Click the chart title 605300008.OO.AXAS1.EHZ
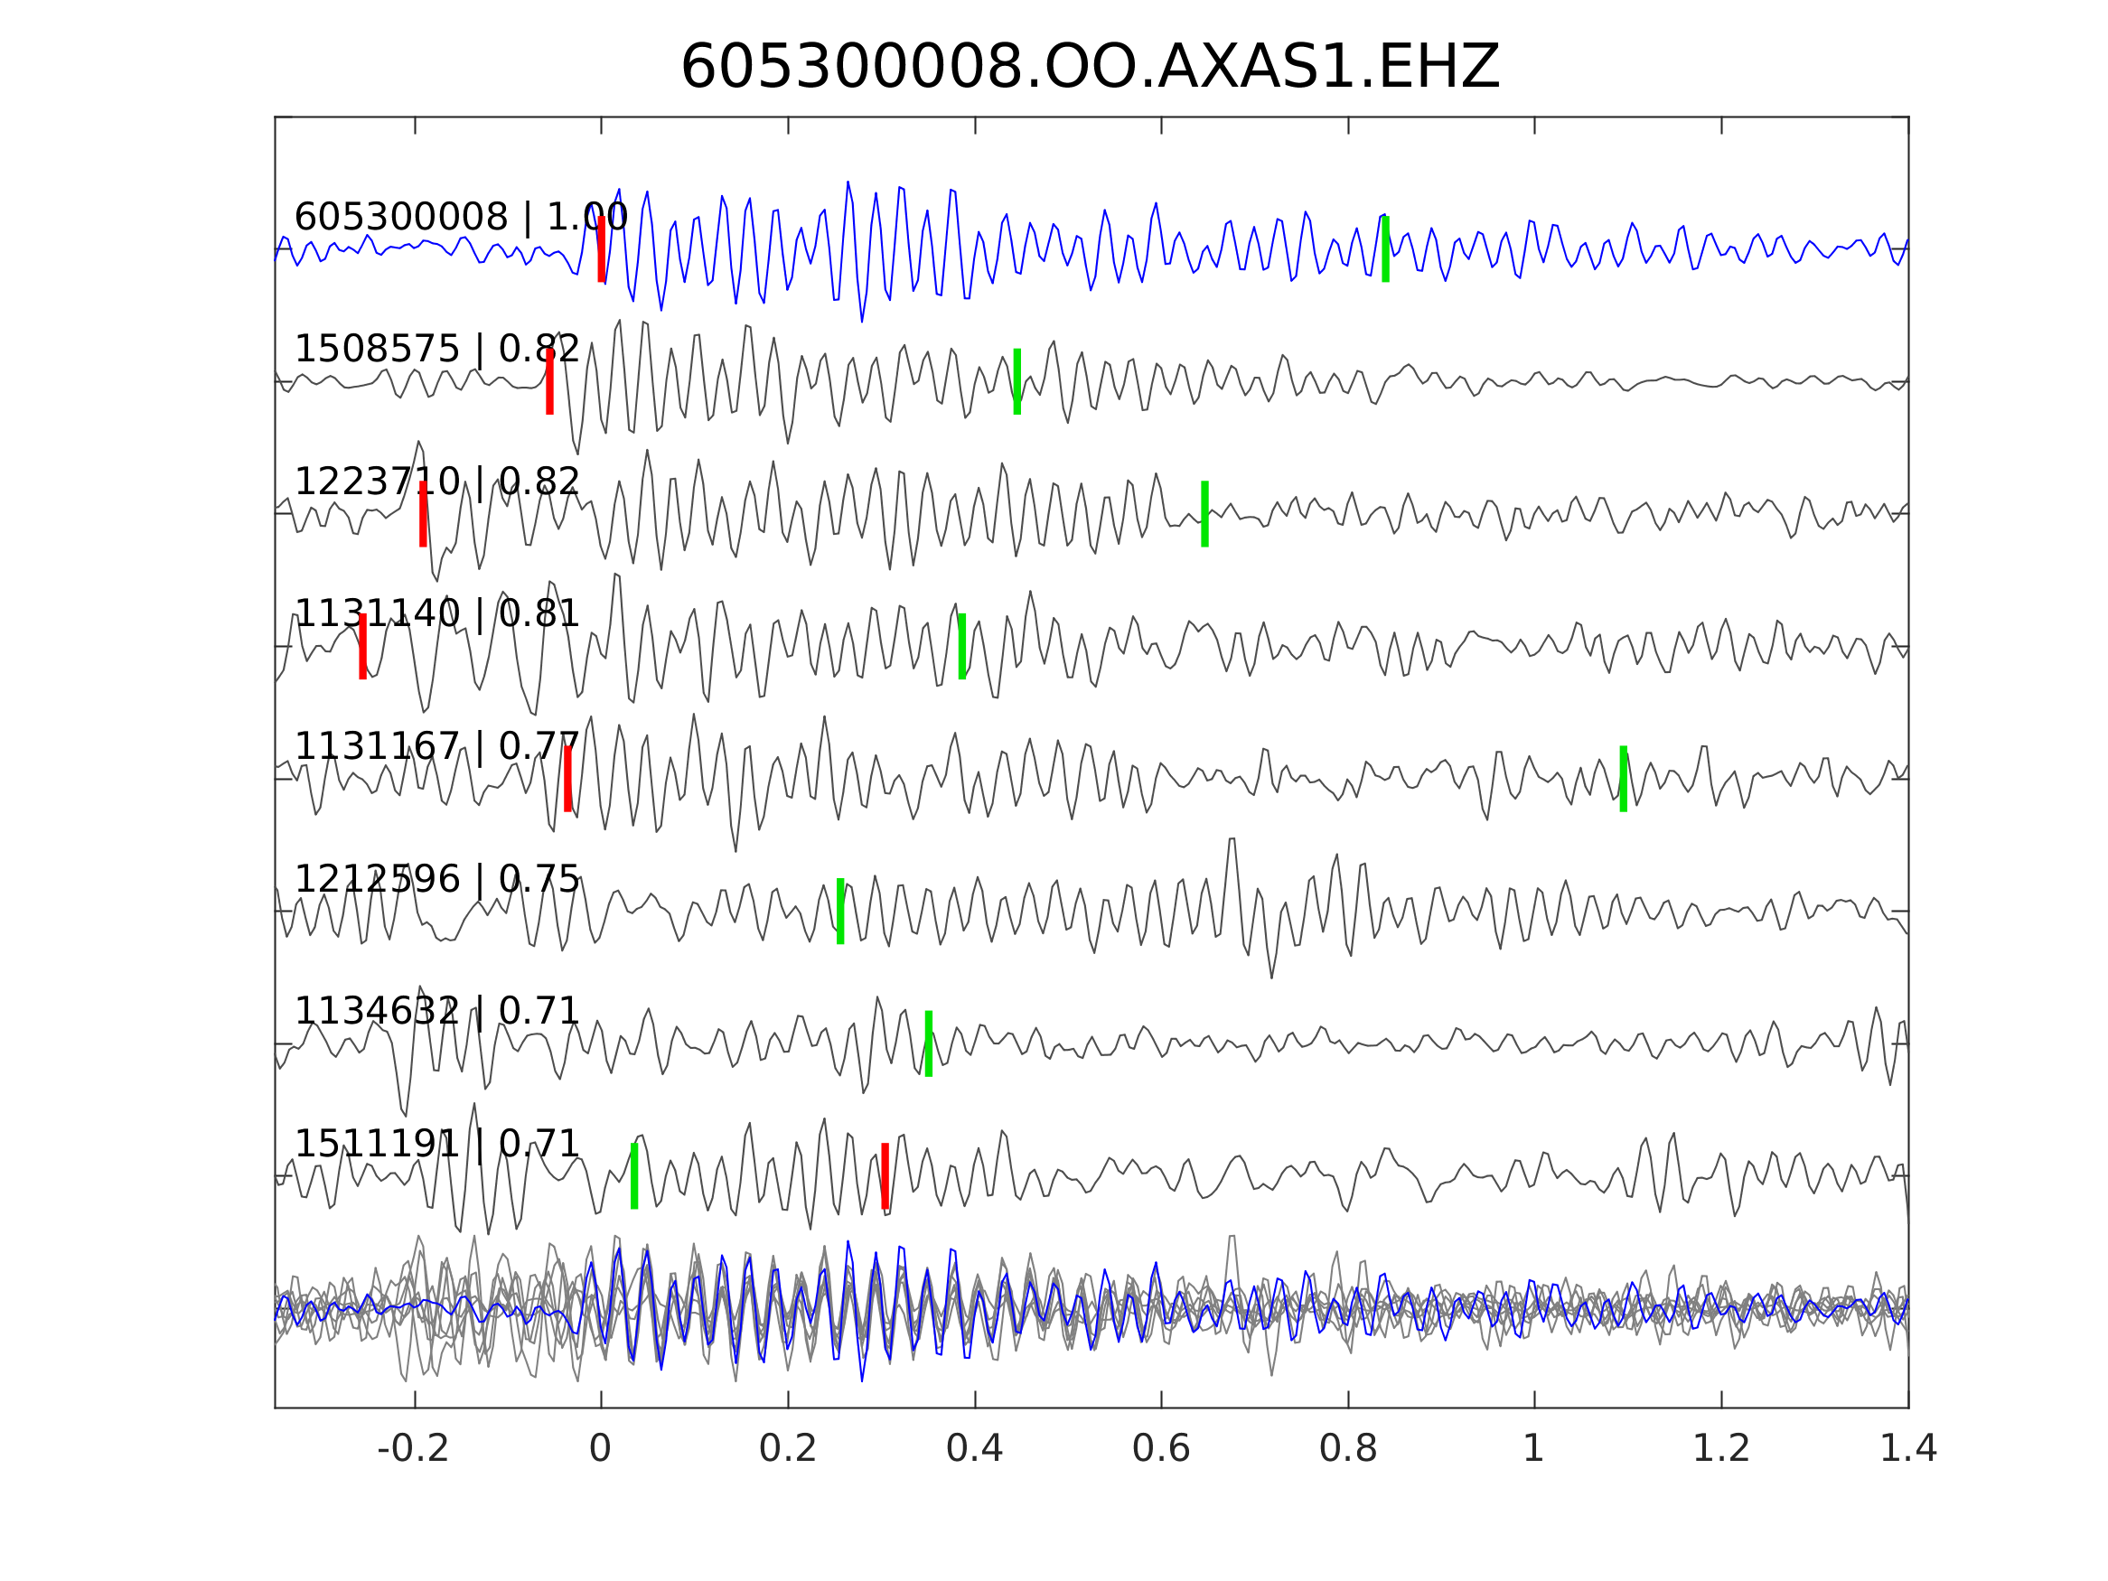click(x=1090, y=68)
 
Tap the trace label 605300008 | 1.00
click(x=460, y=218)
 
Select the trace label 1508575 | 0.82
click(x=436, y=350)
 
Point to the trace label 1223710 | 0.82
click(x=436, y=482)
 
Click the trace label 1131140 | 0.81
click(x=436, y=614)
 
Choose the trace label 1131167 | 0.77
click(x=436, y=747)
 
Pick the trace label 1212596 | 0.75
click(x=436, y=880)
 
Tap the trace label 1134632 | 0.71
click(x=436, y=1011)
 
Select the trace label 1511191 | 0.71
click(x=436, y=1144)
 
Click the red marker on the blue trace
click(x=602, y=248)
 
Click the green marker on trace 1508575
click(x=1017, y=381)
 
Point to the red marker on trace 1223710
click(x=423, y=514)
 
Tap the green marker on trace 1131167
click(x=1623, y=779)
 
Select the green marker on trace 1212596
click(x=839, y=911)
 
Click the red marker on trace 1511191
click(x=885, y=1176)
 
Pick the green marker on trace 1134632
click(x=928, y=1043)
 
